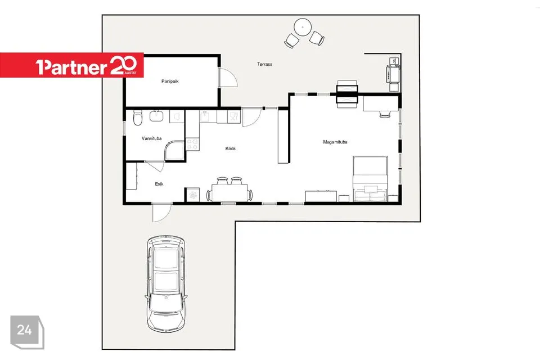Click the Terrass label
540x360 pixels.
point(264,64)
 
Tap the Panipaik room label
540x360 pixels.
point(170,82)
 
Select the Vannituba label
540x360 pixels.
point(151,138)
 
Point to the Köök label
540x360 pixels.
point(231,148)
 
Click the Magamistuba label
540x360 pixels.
point(335,142)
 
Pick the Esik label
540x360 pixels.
point(159,184)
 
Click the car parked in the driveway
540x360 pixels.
point(166,284)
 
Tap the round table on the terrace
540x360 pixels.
point(303,27)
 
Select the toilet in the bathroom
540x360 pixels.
point(138,118)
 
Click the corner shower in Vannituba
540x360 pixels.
point(175,150)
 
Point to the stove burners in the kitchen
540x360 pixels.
point(192,144)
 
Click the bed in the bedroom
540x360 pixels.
point(370,178)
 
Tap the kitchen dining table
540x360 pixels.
point(229,192)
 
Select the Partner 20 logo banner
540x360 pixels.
point(71,65)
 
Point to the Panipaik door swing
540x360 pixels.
point(228,78)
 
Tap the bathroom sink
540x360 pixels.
point(157,116)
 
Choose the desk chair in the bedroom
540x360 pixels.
point(385,114)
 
